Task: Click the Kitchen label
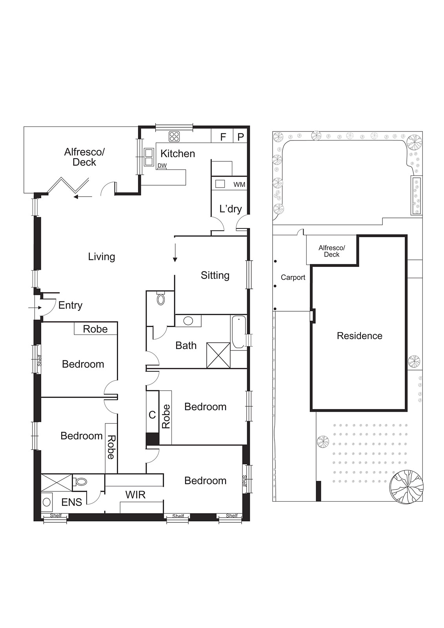coord(177,153)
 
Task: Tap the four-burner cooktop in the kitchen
coord(174,137)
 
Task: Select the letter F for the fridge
coord(223,137)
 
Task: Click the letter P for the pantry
coord(241,137)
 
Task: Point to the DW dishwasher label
coord(162,166)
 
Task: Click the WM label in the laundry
coord(239,184)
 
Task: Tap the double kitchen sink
coord(149,157)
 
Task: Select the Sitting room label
coord(215,275)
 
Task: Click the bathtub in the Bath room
coord(238,332)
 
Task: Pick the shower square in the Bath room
coord(218,355)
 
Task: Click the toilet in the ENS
coord(80,481)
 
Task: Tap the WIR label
coord(135,495)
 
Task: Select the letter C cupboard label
coord(152,414)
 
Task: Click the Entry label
coord(70,305)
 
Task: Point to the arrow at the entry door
coord(35,308)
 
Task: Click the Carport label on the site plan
coord(293,277)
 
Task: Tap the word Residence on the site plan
coord(359,336)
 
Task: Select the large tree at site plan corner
coord(406,486)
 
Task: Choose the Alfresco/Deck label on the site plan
coord(331,251)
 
